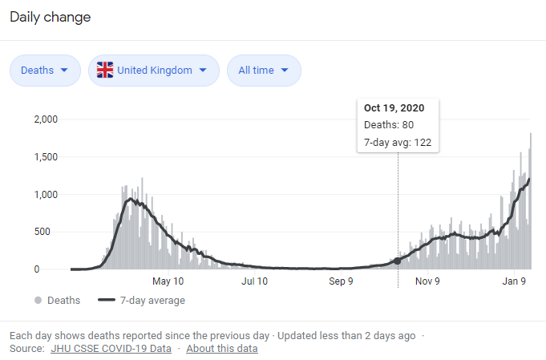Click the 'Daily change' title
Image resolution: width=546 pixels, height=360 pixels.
tap(50, 17)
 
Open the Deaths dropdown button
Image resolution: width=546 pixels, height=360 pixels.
tap(45, 70)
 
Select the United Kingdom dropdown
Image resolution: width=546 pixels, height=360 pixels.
tap(153, 70)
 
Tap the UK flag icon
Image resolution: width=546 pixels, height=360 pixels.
tap(105, 70)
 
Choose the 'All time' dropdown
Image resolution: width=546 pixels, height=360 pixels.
tap(264, 70)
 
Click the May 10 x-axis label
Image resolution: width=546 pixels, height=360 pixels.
tap(168, 281)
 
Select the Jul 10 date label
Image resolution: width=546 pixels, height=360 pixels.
tap(254, 281)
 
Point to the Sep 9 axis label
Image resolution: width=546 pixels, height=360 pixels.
tap(341, 281)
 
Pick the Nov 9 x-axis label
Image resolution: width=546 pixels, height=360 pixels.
tap(427, 281)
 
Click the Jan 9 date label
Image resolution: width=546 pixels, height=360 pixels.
tap(514, 281)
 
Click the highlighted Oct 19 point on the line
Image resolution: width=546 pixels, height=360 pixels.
tap(398, 261)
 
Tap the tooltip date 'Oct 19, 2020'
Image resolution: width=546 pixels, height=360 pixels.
tap(394, 107)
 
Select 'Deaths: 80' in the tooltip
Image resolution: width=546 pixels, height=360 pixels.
tap(389, 125)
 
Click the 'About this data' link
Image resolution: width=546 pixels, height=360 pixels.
tap(222, 349)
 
